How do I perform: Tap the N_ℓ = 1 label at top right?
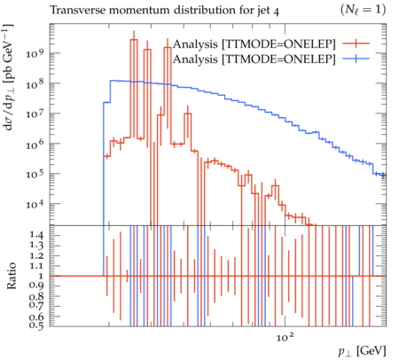pyautogui.click(x=363, y=10)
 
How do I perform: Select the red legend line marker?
pyautogui.click(x=356, y=43)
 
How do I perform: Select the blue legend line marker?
pyautogui.click(x=356, y=59)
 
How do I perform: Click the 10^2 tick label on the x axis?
pyautogui.click(x=286, y=337)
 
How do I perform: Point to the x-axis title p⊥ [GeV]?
pyautogui.click(x=363, y=351)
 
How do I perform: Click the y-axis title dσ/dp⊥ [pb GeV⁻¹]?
pyautogui.click(x=8, y=77)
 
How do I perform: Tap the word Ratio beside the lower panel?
pyautogui.click(x=11, y=276)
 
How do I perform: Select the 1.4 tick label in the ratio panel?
pyautogui.click(x=36, y=236)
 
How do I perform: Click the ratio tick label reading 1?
pyautogui.click(x=41, y=276)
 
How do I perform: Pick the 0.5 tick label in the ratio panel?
pyautogui.click(x=36, y=325)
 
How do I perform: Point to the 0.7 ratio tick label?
pyautogui.click(x=36, y=305)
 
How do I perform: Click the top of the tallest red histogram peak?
pyautogui.click(x=134, y=39)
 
